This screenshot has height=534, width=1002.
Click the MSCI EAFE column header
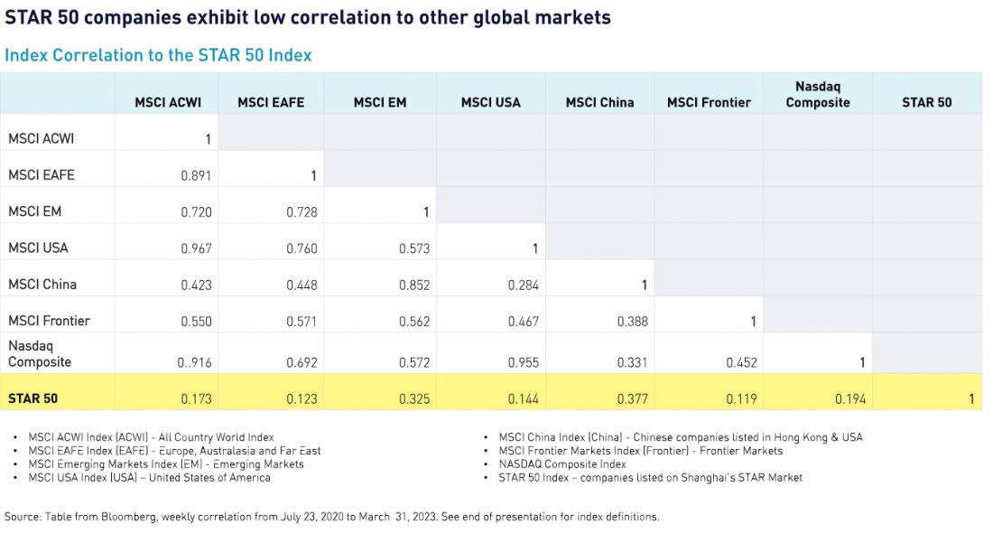pos(271,103)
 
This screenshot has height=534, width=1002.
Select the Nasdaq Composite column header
pos(818,95)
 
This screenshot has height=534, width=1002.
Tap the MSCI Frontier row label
pos(49,321)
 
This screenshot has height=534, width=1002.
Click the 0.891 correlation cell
pos(196,176)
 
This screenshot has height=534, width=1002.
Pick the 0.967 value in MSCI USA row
pos(196,248)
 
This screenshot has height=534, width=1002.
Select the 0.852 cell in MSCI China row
pos(414,286)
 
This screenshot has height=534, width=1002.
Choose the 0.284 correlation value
pos(524,286)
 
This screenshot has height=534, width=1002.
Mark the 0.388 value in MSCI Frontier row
pos(633,322)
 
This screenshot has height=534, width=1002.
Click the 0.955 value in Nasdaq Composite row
pos(524,363)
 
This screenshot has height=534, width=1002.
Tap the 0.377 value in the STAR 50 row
pos(633,398)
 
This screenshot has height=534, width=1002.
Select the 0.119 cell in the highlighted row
pos(741,398)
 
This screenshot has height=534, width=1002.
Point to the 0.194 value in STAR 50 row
pos(850,398)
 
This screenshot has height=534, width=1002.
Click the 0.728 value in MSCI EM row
pos(302,212)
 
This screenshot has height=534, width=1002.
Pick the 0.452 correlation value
pos(741,363)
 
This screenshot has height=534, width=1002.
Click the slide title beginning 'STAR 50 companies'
pos(308,18)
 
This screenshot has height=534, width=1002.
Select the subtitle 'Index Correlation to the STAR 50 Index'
pos(158,55)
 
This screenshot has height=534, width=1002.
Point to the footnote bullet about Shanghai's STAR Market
pos(650,477)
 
